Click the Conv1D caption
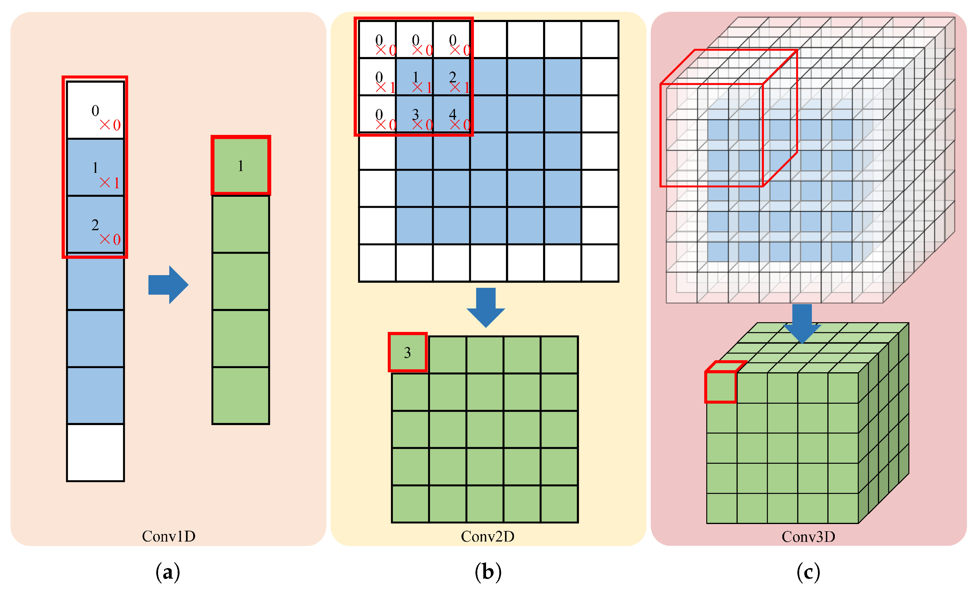click(x=169, y=536)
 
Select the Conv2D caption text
click(x=488, y=536)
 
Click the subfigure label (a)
click(x=168, y=572)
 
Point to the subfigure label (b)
click(x=488, y=572)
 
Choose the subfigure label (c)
click(x=808, y=572)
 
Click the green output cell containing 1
click(x=241, y=166)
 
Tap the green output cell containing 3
click(x=408, y=352)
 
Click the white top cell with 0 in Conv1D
click(x=95, y=110)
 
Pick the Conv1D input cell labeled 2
click(x=95, y=224)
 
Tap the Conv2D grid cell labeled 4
click(x=452, y=114)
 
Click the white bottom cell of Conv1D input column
click(x=95, y=453)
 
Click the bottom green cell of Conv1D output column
click(x=241, y=395)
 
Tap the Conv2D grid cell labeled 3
click(x=415, y=114)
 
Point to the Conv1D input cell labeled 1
click(x=95, y=167)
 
